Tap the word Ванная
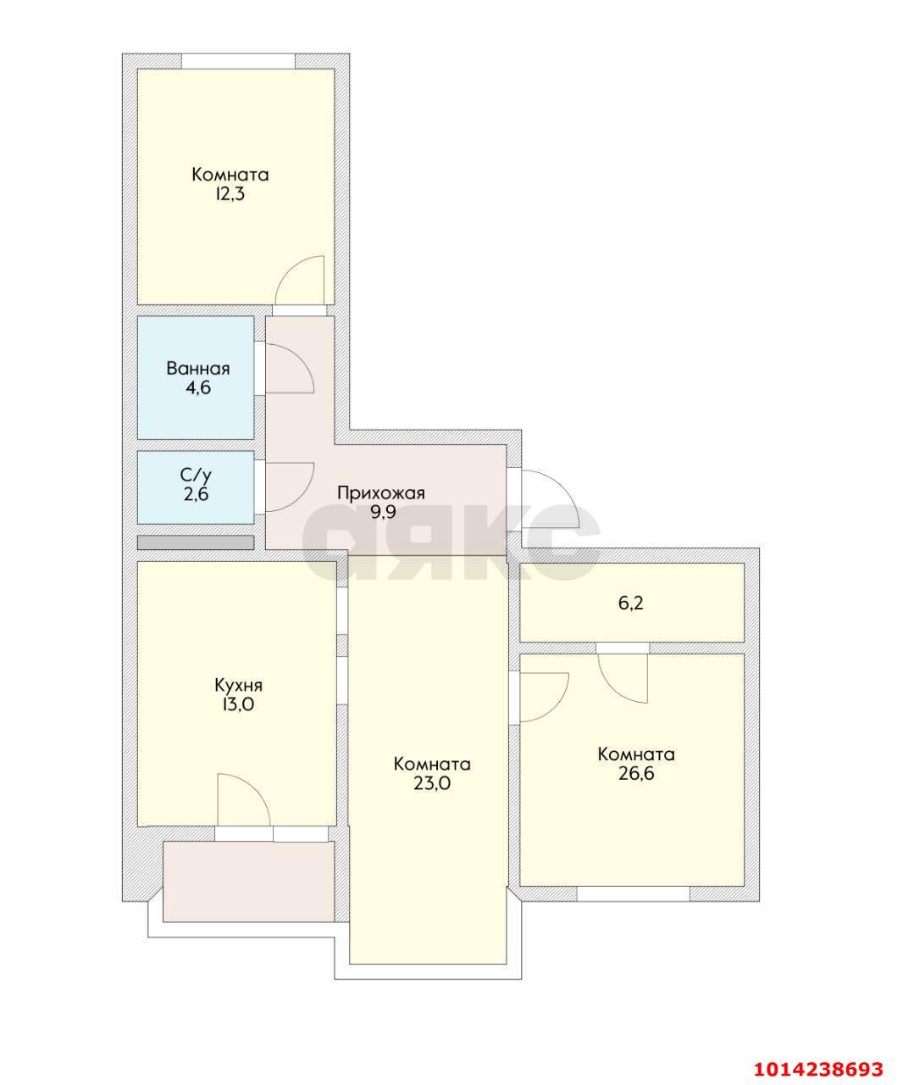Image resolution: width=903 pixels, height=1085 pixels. pos(198,369)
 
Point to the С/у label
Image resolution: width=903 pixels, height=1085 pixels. pos(196,475)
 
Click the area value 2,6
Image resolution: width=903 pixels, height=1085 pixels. pos(196,493)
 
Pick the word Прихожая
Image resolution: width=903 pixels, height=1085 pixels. pos(381,492)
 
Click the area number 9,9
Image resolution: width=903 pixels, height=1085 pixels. pos(383,512)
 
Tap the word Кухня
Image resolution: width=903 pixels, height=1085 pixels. pos(238,685)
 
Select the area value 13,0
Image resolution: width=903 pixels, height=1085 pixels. pos(238,704)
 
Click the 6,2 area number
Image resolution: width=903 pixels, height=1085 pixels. pos(631,603)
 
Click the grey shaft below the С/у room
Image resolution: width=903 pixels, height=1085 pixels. pos(195,542)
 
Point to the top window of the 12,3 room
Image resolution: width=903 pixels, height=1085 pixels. pos(238,61)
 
